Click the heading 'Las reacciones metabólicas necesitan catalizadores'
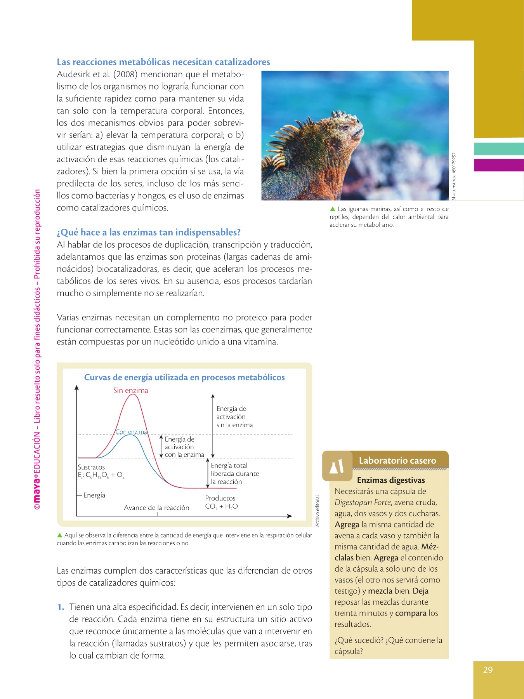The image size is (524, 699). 163,62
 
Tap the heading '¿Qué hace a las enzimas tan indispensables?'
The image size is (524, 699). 149,232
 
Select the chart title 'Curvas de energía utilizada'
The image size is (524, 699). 184,377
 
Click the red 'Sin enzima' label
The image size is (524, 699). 131,390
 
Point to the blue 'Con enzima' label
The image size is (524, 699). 131,432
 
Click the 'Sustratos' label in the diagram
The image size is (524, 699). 91,467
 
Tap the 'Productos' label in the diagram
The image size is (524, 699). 220,498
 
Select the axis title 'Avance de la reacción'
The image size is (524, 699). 156,508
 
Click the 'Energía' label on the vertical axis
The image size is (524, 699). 94,495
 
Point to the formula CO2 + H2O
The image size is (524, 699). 221,506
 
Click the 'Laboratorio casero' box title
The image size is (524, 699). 397,461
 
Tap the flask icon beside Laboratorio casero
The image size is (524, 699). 337,466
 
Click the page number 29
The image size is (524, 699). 488,670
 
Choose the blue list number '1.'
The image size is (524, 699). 61,607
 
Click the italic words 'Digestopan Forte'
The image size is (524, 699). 363,503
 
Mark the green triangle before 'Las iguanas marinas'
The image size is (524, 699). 332,209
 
